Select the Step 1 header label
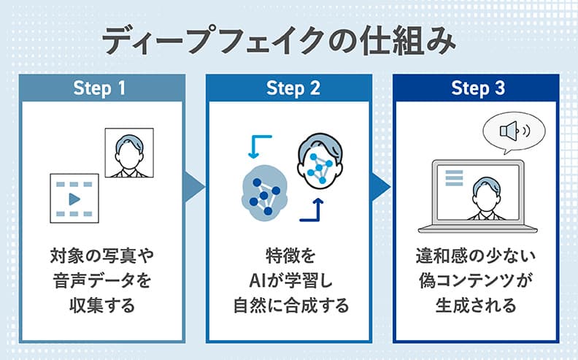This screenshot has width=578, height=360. (x=100, y=88)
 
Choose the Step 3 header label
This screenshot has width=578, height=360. (x=478, y=88)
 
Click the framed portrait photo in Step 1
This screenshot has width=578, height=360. (x=130, y=153)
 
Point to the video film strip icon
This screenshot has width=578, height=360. (x=73, y=198)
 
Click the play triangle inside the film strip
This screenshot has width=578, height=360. (x=74, y=199)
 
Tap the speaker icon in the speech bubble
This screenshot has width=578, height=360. (x=513, y=131)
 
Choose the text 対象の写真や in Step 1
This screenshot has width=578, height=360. (x=100, y=256)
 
